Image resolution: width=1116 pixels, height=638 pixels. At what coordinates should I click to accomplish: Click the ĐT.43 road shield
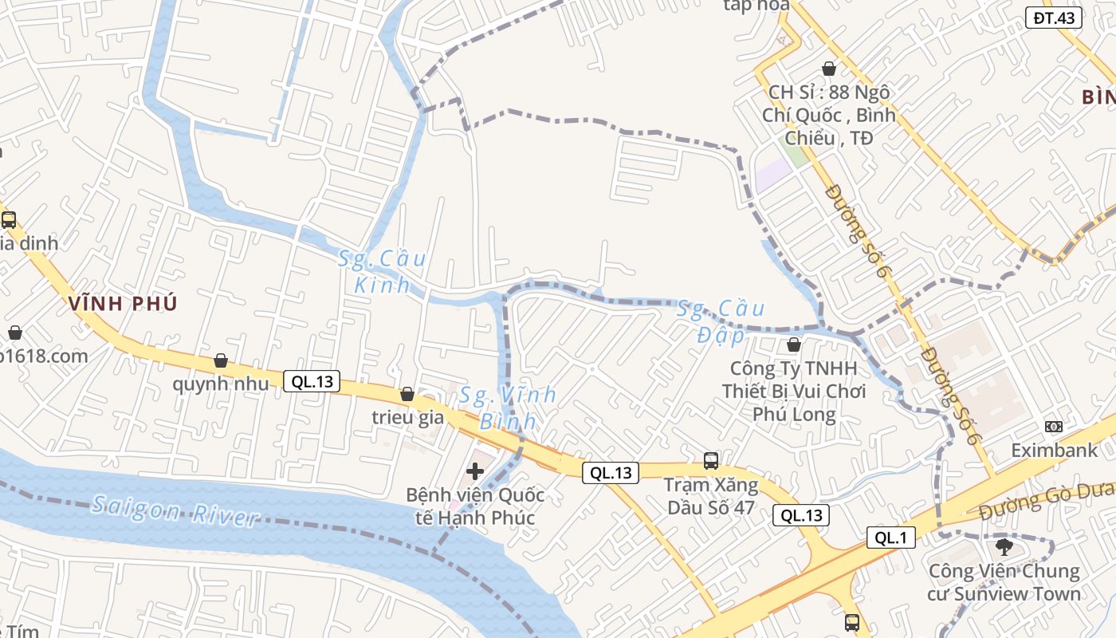(x=1053, y=18)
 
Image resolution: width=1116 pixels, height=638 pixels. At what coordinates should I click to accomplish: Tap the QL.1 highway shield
(x=891, y=538)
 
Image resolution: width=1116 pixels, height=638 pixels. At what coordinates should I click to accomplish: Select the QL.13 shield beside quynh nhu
(x=312, y=381)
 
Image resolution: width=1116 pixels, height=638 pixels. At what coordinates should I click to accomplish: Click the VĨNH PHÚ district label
(x=123, y=303)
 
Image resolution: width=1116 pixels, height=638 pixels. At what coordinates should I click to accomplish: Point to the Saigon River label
(x=175, y=510)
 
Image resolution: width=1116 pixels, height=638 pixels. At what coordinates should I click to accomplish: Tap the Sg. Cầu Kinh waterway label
(x=382, y=271)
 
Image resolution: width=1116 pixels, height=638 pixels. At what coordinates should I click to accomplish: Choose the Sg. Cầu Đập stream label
(x=721, y=321)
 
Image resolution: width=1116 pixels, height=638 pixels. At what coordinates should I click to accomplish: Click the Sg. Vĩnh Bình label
(x=508, y=407)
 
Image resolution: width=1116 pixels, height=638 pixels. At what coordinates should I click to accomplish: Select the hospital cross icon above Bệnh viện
(x=475, y=471)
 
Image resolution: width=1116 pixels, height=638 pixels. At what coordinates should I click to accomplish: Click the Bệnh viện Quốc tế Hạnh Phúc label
(x=475, y=506)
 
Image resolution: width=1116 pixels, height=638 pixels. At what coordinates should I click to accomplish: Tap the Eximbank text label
(x=1054, y=451)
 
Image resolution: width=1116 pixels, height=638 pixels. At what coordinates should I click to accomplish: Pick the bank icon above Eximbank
(x=1054, y=427)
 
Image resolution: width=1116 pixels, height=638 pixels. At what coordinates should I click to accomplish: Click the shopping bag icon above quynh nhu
(x=221, y=360)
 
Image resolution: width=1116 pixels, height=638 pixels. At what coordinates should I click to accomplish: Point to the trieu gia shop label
(x=407, y=417)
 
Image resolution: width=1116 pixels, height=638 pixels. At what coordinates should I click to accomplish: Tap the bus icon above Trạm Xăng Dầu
(x=710, y=460)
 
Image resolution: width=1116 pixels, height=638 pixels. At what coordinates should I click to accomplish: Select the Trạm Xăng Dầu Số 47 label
(x=712, y=496)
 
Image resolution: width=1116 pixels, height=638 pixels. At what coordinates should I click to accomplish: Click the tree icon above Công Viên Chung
(x=1004, y=547)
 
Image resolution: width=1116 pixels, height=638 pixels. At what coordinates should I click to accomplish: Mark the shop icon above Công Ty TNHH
(x=793, y=345)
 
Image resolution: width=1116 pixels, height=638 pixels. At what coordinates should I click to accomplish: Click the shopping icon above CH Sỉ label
(x=829, y=69)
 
